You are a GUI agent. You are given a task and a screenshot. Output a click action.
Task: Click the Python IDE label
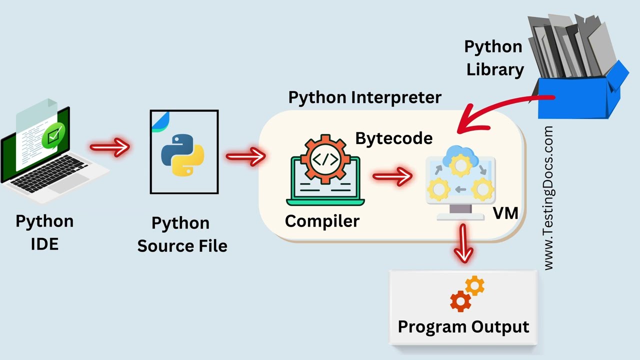point(44,232)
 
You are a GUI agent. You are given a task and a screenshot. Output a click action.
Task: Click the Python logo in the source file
point(182,154)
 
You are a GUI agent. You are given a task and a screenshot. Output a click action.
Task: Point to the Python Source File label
point(182,234)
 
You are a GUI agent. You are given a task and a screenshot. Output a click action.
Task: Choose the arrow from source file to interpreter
point(244,157)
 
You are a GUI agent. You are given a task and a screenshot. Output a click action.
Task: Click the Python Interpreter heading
point(364,97)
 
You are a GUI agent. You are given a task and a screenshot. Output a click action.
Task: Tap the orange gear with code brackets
point(325,159)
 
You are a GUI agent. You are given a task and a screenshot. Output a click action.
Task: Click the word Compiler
point(322,220)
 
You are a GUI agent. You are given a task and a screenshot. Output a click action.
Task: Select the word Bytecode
point(394,138)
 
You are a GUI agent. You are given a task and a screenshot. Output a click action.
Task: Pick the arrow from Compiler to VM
point(392,176)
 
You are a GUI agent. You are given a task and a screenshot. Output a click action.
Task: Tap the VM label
point(505,213)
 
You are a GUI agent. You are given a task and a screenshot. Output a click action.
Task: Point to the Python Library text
point(494,58)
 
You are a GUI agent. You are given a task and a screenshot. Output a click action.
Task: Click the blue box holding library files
point(580,97)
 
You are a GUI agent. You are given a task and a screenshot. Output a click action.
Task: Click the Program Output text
point(463,326)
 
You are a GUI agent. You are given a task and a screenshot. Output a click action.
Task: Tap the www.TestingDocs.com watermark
point(548,198)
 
